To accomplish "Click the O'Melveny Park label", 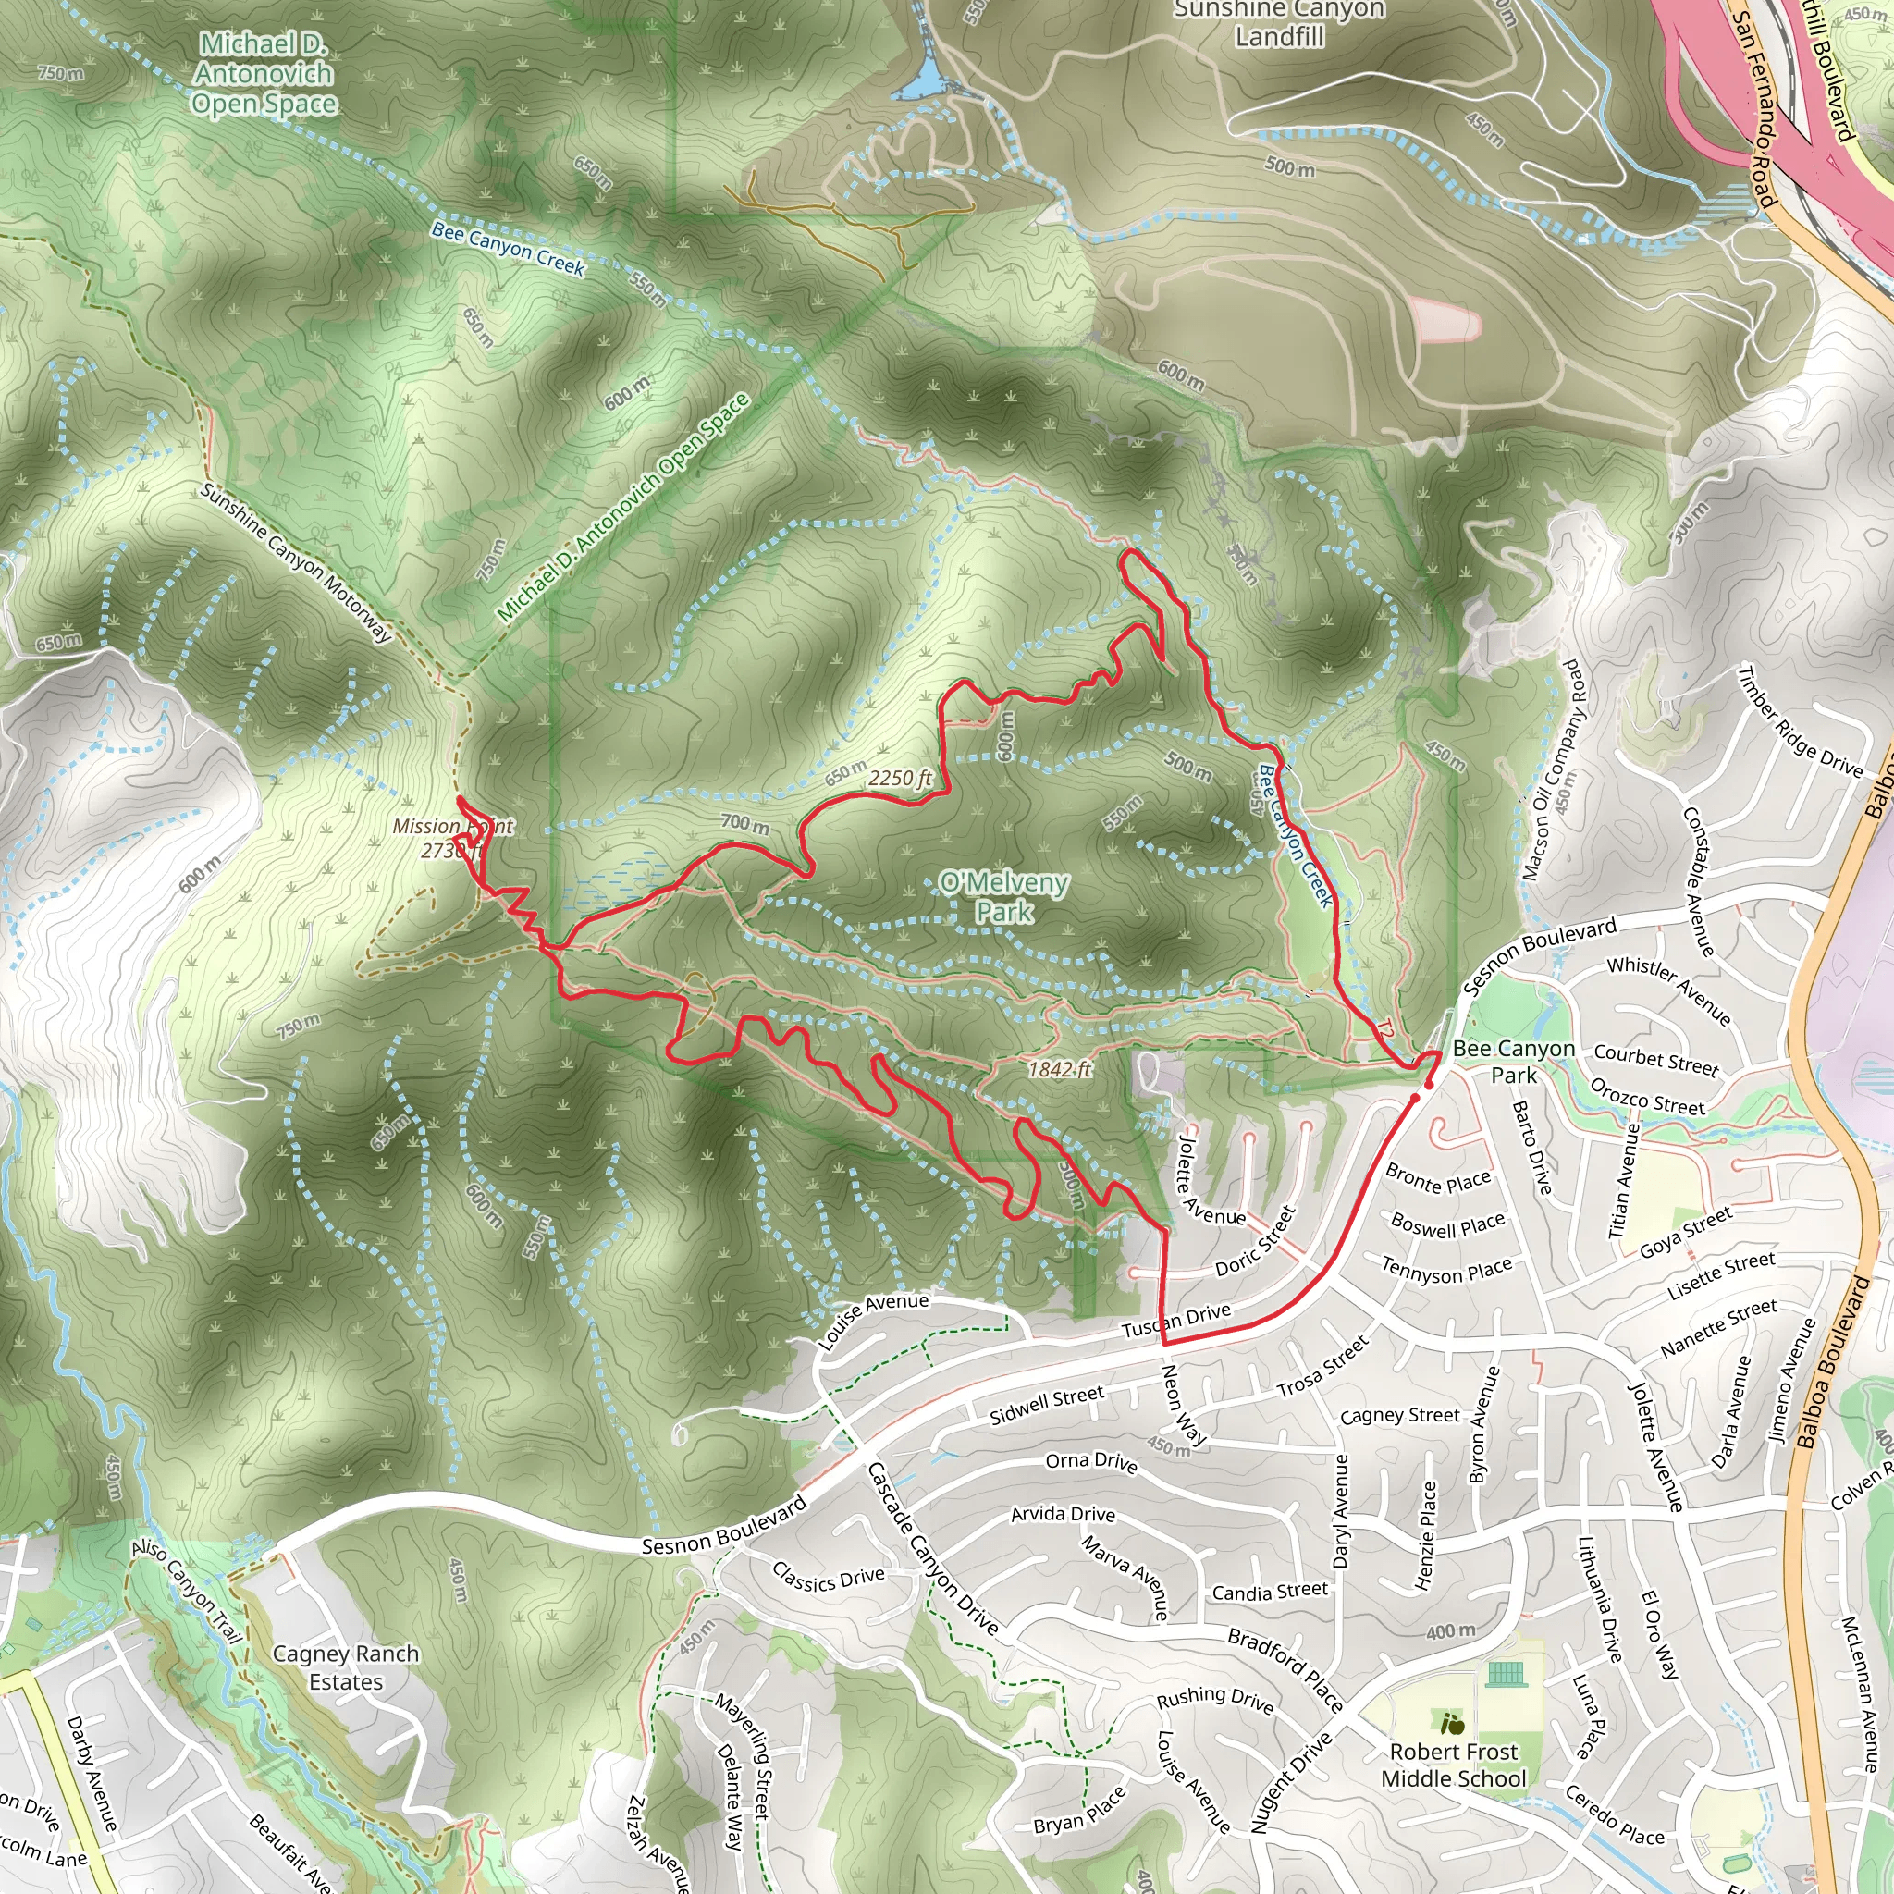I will click(1003, 897).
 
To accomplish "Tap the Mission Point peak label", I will click(452, 838).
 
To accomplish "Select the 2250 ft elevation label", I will click(899, 779).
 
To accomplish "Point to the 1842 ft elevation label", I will click(1059, 1070).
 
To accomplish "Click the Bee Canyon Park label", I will click(1514, 1062).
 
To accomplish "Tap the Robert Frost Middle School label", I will click(1453, 1765).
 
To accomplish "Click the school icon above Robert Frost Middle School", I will click(1452, 1722).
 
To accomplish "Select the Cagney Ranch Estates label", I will click(345, 1667).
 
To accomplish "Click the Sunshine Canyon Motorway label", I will click(295, 561).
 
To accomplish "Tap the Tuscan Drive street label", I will click(1175, 1321).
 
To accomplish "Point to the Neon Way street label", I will click(1183, 1405).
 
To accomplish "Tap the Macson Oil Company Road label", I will click(1552, 770).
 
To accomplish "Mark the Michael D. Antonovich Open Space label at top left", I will click(264, 74).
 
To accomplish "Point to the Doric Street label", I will click(1256, 1241).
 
